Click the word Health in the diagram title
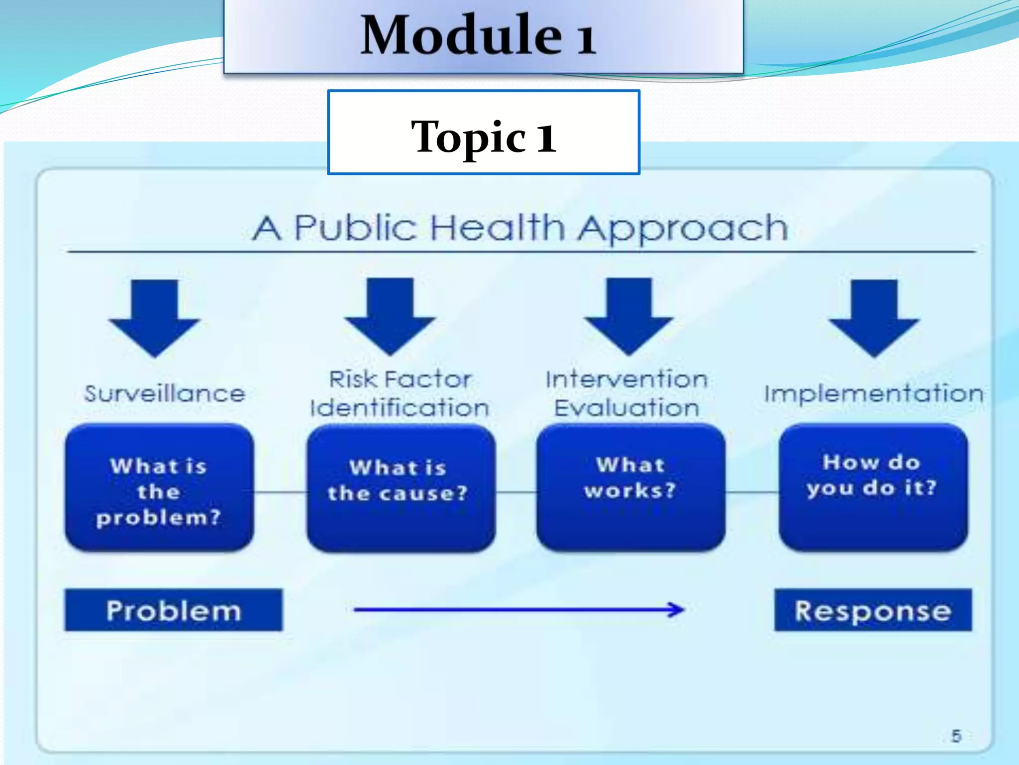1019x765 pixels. tap(497, 228)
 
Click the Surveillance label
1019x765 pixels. tap(165, 394)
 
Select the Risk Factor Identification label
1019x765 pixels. tap(400, 393)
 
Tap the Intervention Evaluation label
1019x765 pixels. tap(627, 393)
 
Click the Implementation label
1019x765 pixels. tap(874, 394)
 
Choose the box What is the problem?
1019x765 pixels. tap(159, 488)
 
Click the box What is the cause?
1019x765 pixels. tap(401, 488)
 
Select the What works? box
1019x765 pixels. tap(630, 488)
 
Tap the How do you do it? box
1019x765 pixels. tap(873, 488)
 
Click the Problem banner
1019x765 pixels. tap(173, 610)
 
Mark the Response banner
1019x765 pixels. tap(873, 610)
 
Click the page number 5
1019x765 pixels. tap(956, 736)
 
